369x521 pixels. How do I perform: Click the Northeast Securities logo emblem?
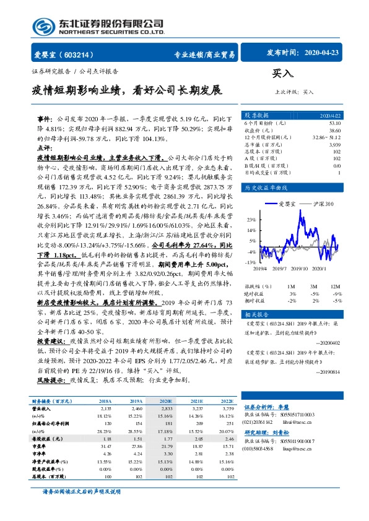coord(44,27)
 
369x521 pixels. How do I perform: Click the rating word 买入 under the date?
coord(282,73)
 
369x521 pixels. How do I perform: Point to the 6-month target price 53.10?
coord(335,123)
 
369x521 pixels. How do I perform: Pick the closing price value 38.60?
coord(335,131)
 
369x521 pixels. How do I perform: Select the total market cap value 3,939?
coord(334,144)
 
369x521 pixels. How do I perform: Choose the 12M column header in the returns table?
coord(335,286)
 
